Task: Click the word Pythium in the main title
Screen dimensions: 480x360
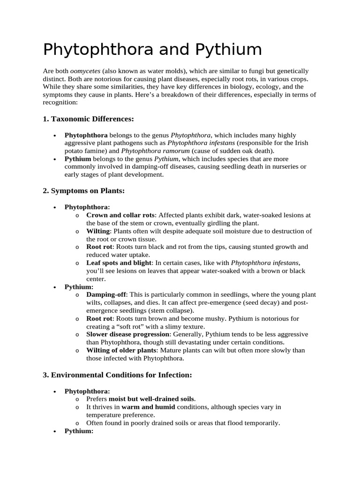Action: click(x=229, y=49)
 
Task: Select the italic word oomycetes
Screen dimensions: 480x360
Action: click(x=85, y=71)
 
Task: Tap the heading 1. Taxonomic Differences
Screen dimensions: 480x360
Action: click(x=88, y=119)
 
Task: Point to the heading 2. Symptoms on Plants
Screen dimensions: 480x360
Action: click(x=83, y=191)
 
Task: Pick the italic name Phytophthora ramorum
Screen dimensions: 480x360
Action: click(x=156, y=151)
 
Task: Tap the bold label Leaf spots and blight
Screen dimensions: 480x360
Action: click(x=119, y=263)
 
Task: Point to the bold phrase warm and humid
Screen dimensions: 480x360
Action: click(x=149, y=407)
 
